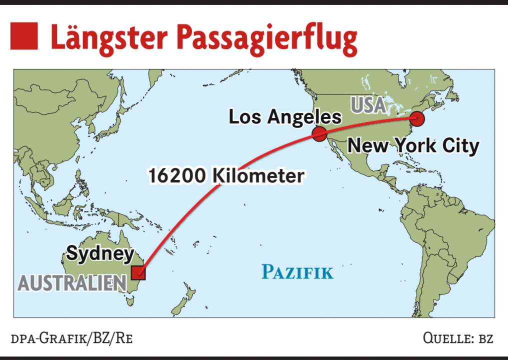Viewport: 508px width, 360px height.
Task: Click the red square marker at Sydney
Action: pyautogui.click(x=138, y=273)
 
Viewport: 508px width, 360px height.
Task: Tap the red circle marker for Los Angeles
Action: pyautogui.click(x=319, y=133)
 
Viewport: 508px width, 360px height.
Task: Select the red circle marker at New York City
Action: pyautogui.click(x=417, y=119)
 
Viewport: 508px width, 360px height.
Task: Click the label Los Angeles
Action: pyautogui.click(x=285, y=117)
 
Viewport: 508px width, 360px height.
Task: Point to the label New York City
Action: pyautogui.click(x=413, y=146)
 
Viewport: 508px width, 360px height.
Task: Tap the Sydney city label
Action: pyautogui.click(x=100, y=253)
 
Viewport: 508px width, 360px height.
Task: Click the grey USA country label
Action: pyautogui.click(x=368, y=105)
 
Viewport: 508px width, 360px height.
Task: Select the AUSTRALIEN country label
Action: pyautogui.click(x=72, y=283)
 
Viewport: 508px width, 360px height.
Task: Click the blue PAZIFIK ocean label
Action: pyautogui.click(x=297, y=272)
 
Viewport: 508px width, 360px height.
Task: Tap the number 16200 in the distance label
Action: pyautogui.click(x=177, y=176)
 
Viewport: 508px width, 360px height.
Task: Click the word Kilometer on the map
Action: pyautogui.click(x=258, y=176)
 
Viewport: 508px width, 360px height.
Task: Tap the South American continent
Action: pyautogui.click(x=445, y=240)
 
